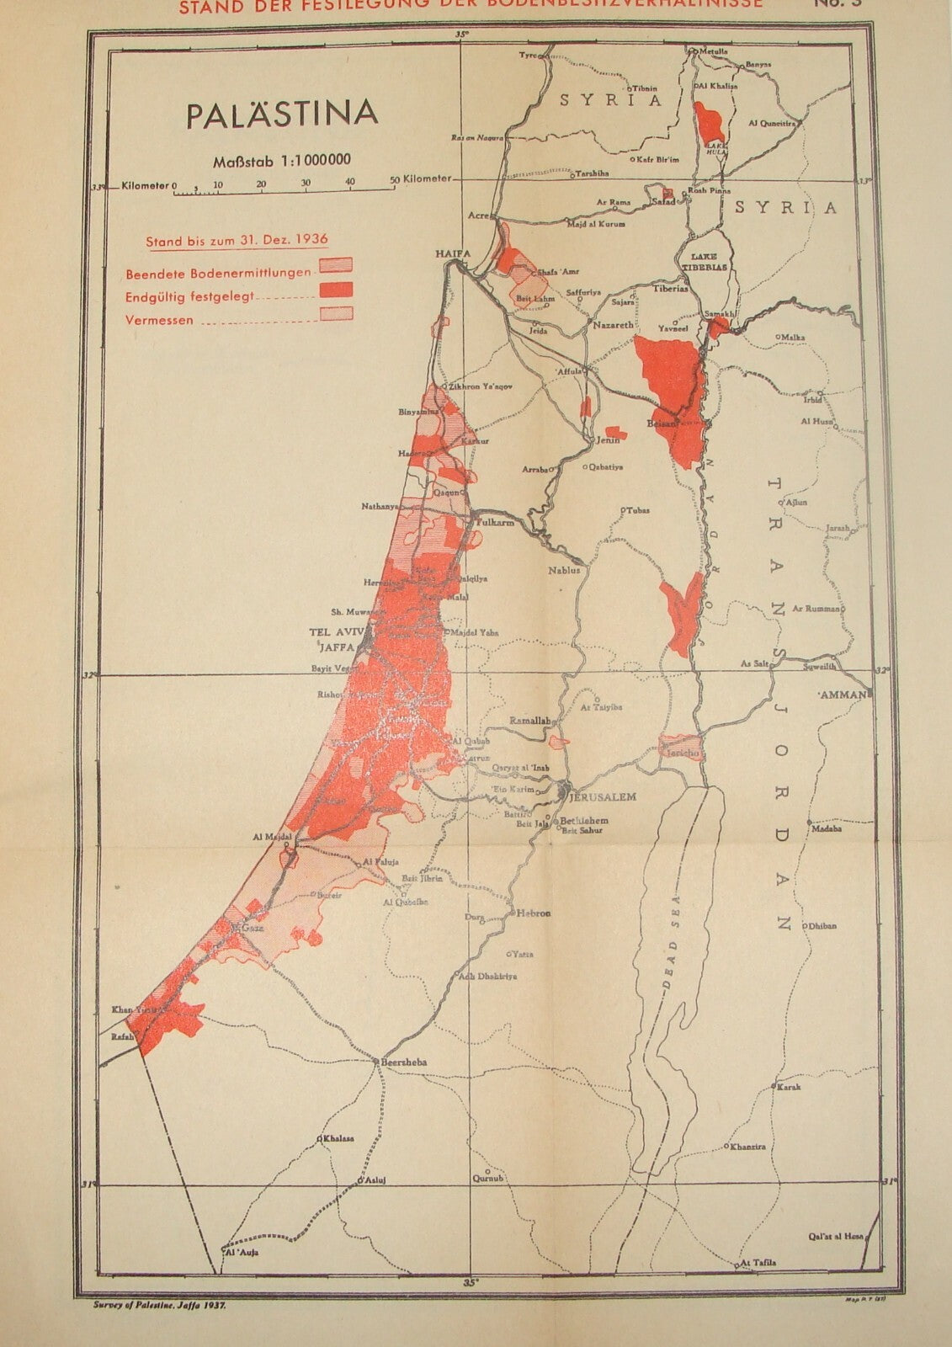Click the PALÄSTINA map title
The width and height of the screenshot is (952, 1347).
click(281, 115)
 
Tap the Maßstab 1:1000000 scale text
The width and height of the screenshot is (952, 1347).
click(281, 160)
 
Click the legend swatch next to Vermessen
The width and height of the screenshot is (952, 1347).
click(334, 314)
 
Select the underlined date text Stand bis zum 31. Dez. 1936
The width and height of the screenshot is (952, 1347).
click(237, 241)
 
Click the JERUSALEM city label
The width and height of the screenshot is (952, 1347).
click(602, 796)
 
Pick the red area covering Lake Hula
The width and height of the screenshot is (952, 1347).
click(709, 123)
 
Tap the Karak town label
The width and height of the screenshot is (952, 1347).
click(789, 1087)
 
